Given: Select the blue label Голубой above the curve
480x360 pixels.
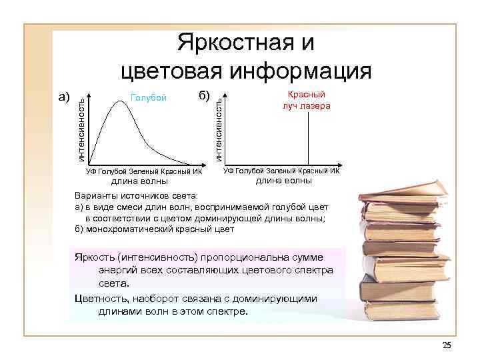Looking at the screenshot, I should point(148,98).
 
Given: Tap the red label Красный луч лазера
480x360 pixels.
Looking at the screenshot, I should point(306,100).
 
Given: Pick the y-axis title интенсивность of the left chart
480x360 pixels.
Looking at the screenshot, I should point(80,129).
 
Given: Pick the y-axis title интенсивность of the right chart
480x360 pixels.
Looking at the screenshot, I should point(218,127).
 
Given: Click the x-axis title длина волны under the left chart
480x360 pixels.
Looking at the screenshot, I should point(139,181).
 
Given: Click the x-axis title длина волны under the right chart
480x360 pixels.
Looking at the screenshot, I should point(284,180).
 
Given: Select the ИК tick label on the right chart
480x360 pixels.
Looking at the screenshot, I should point(334,171).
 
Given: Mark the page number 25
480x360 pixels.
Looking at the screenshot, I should point(447,344).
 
